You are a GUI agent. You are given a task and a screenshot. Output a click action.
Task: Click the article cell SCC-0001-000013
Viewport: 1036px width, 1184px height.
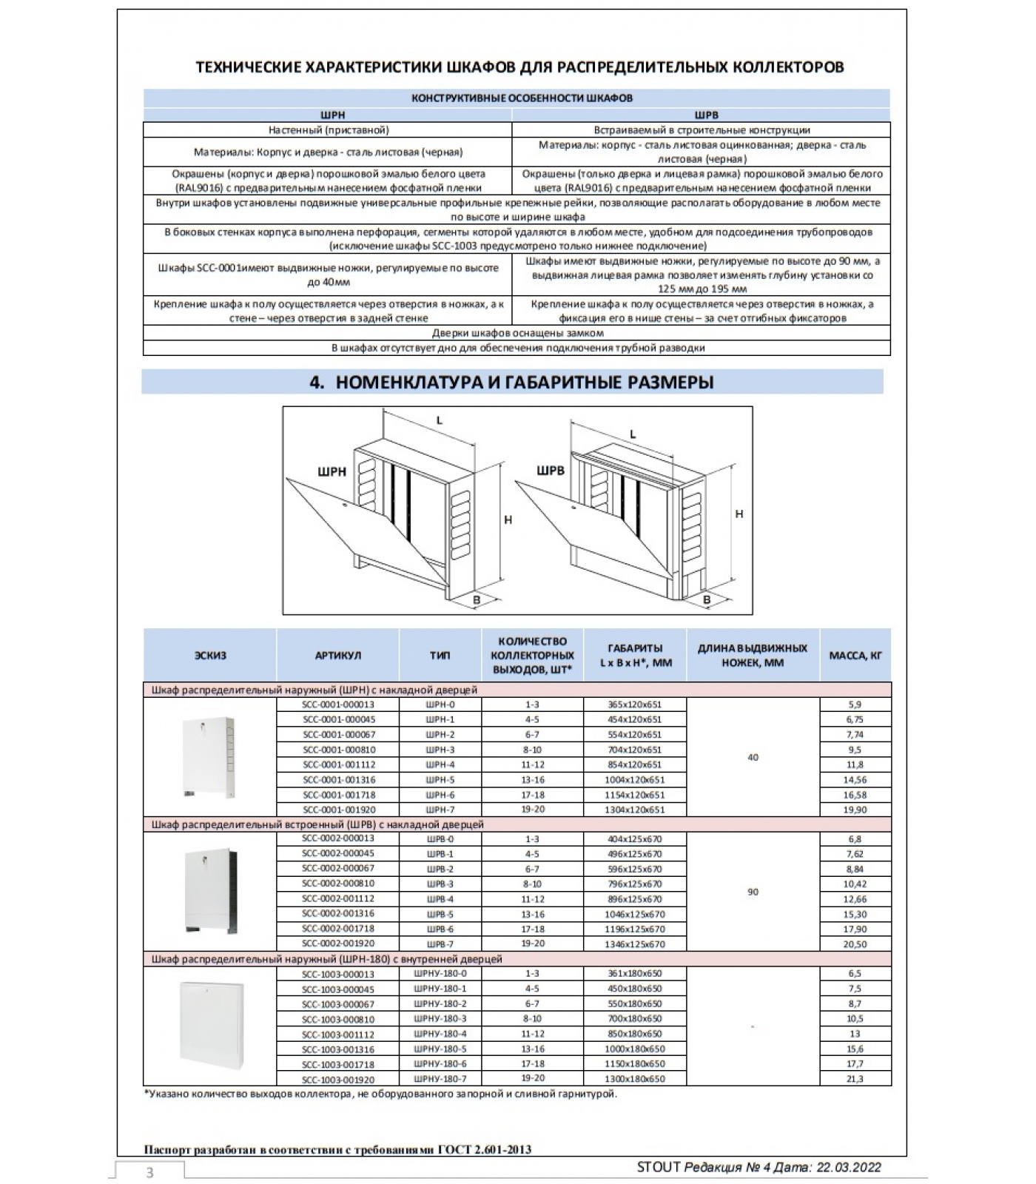[x=337, y=704]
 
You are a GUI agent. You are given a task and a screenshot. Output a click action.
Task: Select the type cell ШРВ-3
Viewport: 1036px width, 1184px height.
[x=440, y=884]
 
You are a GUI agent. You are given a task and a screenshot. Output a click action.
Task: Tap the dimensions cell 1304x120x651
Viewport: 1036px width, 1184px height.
[x=635, y=810]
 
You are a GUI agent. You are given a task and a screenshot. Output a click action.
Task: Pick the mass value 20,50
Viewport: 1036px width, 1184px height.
[x=855, y=944]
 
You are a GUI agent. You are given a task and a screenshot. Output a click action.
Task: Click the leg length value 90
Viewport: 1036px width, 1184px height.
[x=753, y=892]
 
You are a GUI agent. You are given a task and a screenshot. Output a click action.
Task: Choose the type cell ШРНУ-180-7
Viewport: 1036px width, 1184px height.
[x=440, y=1078]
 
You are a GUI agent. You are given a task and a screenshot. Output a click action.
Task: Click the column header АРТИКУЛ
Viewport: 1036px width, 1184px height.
[x=337, y=655]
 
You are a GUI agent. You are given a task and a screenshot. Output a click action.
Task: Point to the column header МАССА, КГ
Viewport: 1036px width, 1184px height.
[x=855, y=655]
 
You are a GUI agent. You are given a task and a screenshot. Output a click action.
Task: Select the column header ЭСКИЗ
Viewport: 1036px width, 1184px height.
[x=210, y=655]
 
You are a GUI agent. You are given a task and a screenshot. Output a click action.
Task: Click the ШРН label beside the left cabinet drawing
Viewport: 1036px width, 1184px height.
[x=332, y=471]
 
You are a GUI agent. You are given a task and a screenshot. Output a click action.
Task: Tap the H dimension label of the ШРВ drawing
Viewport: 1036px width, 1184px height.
[x=739, y=514]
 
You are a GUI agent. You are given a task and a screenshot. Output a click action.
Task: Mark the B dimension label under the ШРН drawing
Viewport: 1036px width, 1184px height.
[x=477, y=599]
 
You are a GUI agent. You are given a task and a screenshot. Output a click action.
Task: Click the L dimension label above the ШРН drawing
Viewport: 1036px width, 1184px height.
[x=439, y=420]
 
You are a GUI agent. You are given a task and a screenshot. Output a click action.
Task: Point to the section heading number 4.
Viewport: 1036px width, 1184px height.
[x=317, y=382]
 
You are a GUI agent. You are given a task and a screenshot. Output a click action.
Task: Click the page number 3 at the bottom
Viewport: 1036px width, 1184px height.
[x=150, y=1172]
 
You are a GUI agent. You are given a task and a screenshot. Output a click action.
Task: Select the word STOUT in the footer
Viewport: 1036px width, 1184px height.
[x=658, y=1168]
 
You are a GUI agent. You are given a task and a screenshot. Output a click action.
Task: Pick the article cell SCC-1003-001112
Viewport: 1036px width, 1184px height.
[x=337, y=1034]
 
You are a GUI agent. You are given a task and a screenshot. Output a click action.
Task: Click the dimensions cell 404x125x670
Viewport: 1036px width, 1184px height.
[x=635, y=839]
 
